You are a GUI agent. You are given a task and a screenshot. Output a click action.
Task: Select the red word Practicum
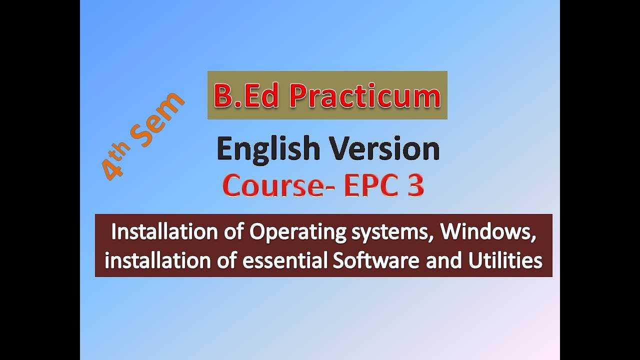365,96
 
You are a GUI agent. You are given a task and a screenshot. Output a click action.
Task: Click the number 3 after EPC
414,186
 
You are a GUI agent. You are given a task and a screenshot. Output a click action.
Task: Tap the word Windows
488,232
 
